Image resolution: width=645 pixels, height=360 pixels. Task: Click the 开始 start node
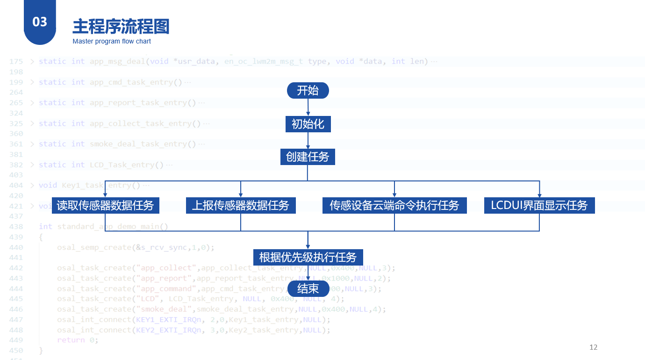pos(308,91)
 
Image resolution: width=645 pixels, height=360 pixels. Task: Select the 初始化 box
pos(308,124)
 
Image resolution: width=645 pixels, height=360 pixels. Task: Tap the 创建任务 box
pos(308,157)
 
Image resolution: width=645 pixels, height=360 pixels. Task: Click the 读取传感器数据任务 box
pos(105,205)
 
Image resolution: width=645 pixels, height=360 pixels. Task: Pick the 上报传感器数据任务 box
pos(241,205)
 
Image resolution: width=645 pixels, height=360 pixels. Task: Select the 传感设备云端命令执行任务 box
pos(394,205)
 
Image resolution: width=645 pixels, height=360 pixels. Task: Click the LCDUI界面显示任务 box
pos(539,205)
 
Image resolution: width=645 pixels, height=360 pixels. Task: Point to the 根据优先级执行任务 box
pos(308,257)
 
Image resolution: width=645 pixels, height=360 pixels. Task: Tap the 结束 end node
pos(308,288)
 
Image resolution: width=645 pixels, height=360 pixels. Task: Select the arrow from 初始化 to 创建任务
pos(308,141)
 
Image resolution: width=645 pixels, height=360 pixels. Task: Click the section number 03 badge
pos(40,22)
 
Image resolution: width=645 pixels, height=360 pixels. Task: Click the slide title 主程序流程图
pos(121,27)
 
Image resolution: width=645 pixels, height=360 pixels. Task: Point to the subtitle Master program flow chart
pos(112,42)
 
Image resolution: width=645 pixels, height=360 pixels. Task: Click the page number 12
pos(594,347)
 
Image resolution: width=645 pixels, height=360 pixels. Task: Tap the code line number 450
pos(16,350)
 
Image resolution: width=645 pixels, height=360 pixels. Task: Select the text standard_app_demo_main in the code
pos(108,227)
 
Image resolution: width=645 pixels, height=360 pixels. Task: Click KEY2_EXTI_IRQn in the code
pos(169,330)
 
